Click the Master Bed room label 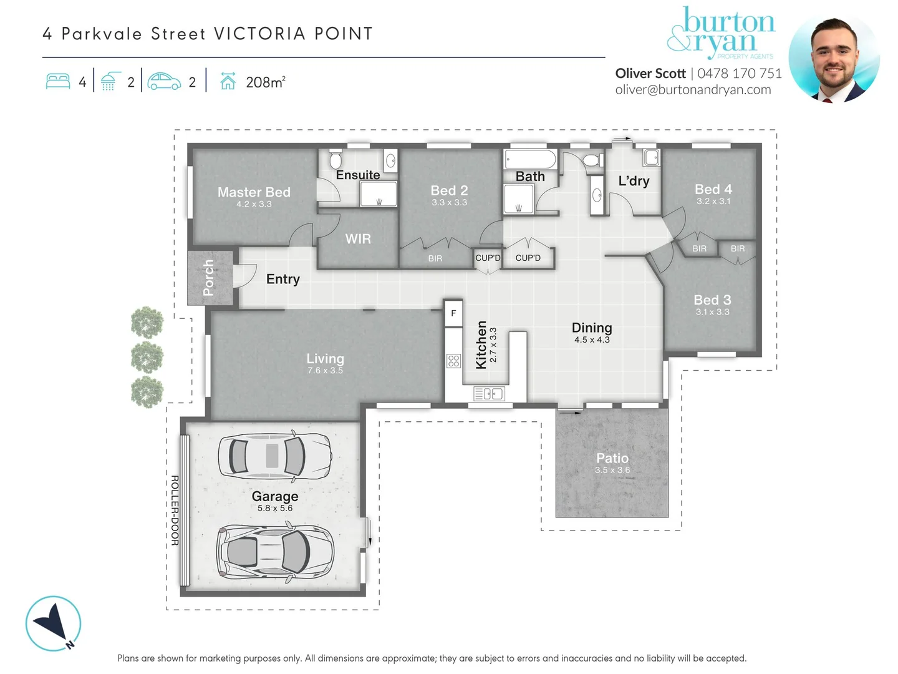click(254, 192)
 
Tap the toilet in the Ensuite click(336, 159)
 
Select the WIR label click(358, 239)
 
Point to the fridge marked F click(453, 313)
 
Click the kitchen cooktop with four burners click(453, 361)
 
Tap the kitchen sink click(489, 394)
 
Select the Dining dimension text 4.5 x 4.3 click(592, 340)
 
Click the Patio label click(612, 458)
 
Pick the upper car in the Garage click(274, 456)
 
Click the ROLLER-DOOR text click(175, 510)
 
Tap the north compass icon click(54, 623)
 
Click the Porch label click(209, 278)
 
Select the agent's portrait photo click(834, 58)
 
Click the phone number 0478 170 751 click(740, 74)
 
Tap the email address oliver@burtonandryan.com click(693, 90)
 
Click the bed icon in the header click(58, 82)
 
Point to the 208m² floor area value click(266, 82)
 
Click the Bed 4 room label click(713, 189)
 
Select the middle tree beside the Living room click(147, 358)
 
